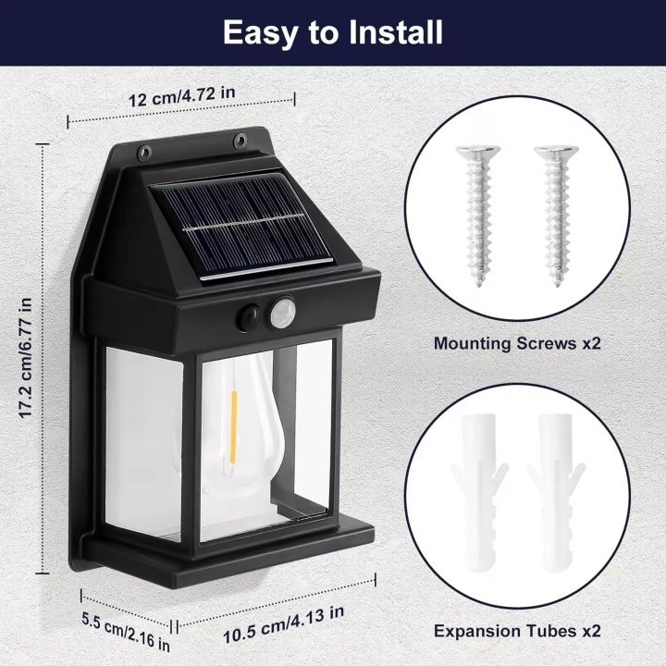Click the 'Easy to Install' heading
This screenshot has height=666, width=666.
(333, 34)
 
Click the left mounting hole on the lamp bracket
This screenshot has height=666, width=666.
(143, 151)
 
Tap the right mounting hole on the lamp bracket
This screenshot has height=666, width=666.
(240, 142)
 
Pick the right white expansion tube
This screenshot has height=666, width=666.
(556, 495)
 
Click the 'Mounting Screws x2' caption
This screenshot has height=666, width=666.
(517, 343)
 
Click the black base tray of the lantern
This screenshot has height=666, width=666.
(231, 546)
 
